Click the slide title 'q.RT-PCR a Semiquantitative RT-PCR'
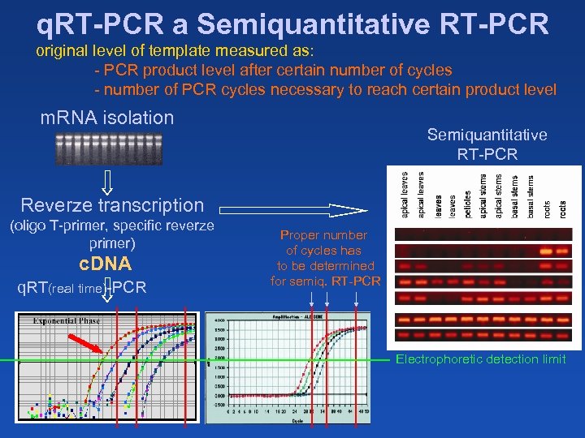(x=292, y=23)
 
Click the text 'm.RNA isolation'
(x=107, y=118)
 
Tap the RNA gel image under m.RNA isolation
(x=108, y=148)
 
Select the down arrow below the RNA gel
(x=109, y=182)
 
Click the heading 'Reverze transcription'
(x=112, y=205)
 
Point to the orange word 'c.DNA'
(x=105, y=264)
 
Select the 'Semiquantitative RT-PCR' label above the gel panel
(x=487, y=144)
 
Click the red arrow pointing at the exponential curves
(x=84, y=337)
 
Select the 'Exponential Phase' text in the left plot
(x=67, y=320)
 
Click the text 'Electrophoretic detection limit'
(x=480, y=359)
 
